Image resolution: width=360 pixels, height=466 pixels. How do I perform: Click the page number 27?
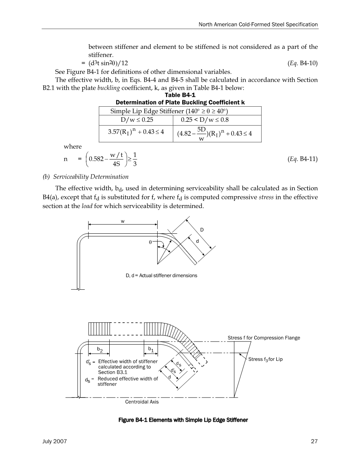[314, 441]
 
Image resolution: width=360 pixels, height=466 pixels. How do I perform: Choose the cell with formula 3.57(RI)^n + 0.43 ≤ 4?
[135, 133]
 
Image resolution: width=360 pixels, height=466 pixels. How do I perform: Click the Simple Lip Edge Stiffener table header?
[169, 111]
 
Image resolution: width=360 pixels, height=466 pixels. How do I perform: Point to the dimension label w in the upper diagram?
[123, 222]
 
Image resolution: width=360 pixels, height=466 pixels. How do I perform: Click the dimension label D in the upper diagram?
[202, 230]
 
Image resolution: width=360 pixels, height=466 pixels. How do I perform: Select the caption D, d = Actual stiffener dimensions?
[161, 275]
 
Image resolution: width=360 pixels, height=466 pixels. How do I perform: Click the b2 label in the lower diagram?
[99, 349]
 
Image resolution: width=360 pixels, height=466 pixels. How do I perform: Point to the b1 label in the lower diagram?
[151, 349]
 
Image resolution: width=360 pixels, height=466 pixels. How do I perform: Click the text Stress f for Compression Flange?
[264, 338]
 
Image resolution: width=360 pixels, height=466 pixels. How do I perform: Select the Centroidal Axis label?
[142, 402]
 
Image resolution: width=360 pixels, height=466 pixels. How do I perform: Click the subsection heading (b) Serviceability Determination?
[91, 177]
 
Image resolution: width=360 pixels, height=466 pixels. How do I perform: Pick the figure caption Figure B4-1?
[183, 420]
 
